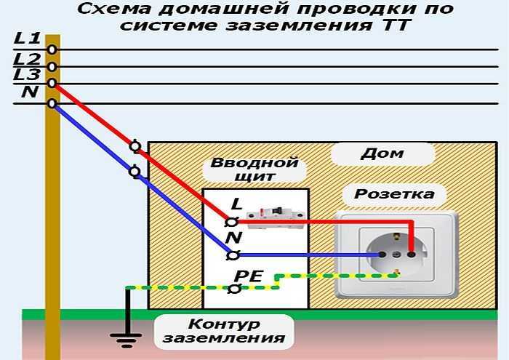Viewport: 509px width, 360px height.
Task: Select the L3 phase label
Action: coord(27,74)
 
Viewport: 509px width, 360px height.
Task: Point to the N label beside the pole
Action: coord(29,92)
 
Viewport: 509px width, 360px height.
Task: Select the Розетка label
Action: coord(394,194)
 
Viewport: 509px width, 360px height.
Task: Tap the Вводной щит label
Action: coord(254,169)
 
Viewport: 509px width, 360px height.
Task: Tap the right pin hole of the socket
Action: coord(412,255)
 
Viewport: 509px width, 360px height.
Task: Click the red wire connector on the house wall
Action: coord(135,146)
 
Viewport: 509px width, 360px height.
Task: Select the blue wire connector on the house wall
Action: coord(135,172)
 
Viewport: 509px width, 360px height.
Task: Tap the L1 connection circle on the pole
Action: coord(52,49)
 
